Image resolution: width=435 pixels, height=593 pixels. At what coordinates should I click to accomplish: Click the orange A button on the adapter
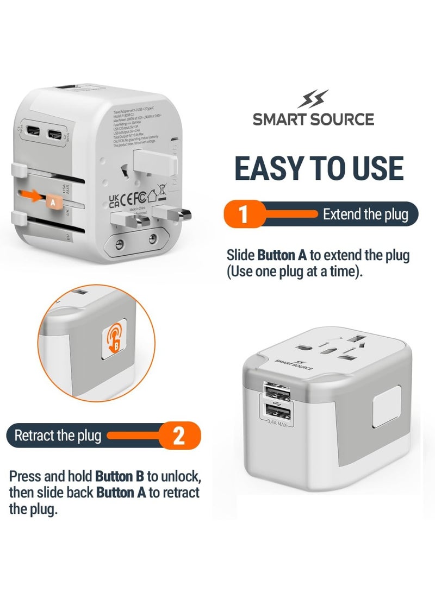coord(52,200)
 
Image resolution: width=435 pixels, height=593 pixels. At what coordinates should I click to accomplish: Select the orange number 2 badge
coord(179,436)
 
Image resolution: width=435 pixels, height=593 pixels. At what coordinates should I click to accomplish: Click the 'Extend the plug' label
coord(365,214)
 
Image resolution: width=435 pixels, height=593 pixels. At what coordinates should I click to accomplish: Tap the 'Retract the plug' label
coord(58,436)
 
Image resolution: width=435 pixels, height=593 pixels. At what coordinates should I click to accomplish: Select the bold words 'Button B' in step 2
coord(120,477)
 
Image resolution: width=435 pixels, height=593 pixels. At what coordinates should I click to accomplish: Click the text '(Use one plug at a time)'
coord(294,272)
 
